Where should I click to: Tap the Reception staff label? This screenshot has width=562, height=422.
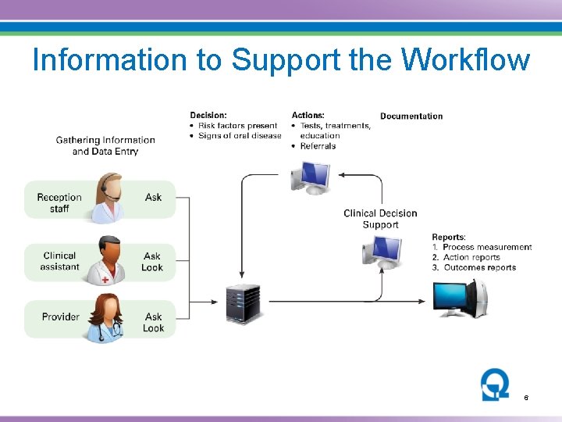(59, 202)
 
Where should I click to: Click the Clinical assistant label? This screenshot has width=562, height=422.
(60, 261)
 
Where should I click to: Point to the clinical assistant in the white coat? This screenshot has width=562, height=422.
(106, 260)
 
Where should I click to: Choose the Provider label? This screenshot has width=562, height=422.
(61, 316)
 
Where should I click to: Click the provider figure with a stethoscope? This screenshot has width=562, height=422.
(105, 317)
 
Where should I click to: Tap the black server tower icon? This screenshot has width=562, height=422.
(242, 303)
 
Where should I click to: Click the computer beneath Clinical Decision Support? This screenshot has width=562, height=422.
(382, 252)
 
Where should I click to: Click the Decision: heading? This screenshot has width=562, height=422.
(208, 116)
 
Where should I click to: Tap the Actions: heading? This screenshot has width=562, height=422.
(308, 116)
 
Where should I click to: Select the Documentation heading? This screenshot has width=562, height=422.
(411, 116)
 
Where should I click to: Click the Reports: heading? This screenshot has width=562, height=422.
(449, 237)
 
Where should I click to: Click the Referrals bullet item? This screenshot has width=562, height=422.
(318, 145)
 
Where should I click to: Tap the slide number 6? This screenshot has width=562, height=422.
(526, 398)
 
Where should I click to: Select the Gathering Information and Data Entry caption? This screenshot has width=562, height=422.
(105, 145)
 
